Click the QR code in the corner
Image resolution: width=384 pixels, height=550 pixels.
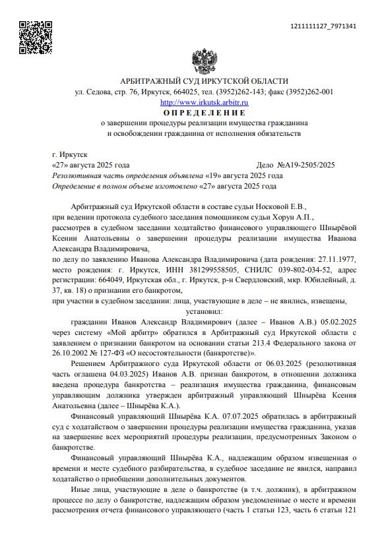tap(34, 38)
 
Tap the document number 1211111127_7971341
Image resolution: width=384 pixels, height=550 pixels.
tap(323, 26)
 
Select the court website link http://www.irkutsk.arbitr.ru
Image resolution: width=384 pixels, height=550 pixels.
tap(204, 103)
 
